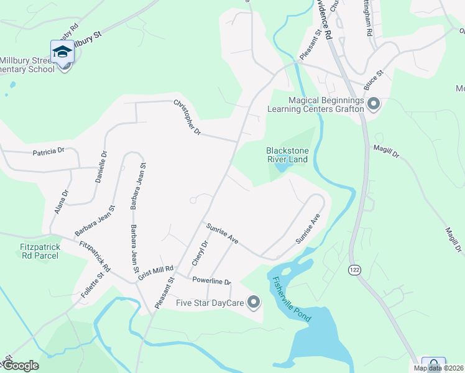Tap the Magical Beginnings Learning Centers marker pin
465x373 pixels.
(x=373, y=104)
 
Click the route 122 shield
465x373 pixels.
(x=354, y=269)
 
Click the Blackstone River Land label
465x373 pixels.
(x=287, y=155)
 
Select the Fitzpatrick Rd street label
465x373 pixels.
(x=95, y=257)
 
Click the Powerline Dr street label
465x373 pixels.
(x=211, y=281)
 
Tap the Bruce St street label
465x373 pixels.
(x=375, y=80)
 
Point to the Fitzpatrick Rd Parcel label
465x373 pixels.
(x=40, y=251)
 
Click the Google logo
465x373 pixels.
(x=20, y=366)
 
